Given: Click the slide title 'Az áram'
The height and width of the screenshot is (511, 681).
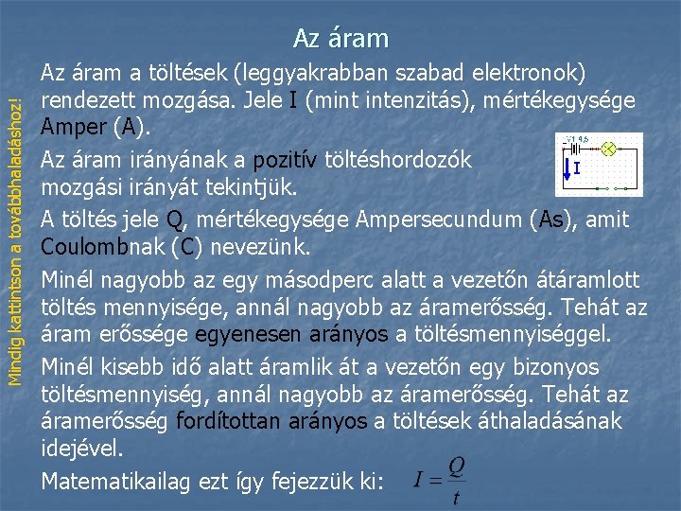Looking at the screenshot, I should coord(340,38).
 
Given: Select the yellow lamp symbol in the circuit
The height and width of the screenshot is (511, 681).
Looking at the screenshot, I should coord(609,149).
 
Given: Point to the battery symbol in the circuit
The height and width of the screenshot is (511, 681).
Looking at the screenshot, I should coord(572,149).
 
